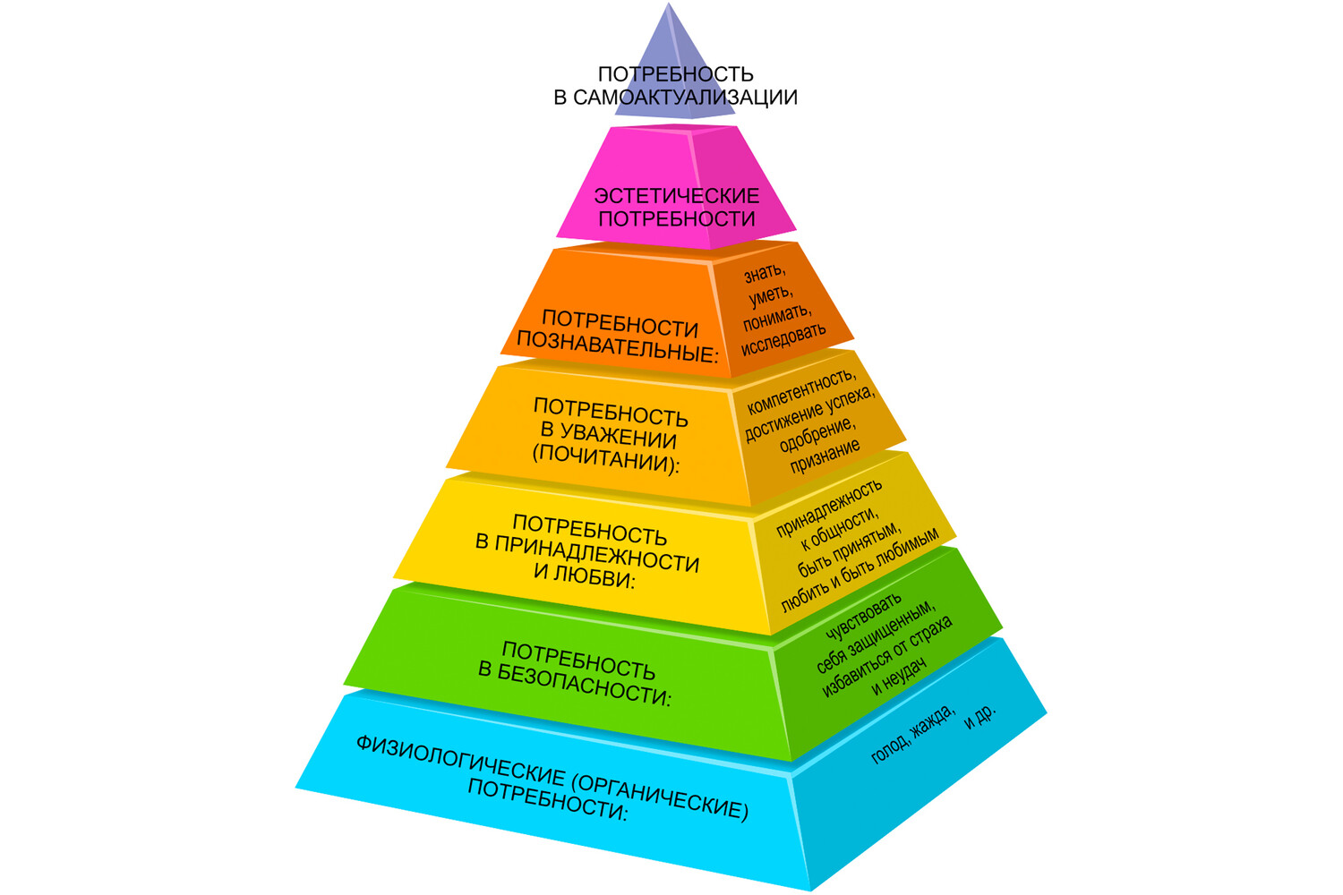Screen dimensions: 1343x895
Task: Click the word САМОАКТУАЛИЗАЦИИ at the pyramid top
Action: (x=685, y=98)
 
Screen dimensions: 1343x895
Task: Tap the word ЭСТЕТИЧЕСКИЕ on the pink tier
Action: (x=677, y=195)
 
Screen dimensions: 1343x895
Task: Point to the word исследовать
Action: (x=783, y=339)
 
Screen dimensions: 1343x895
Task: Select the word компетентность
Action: (x=801, y=390)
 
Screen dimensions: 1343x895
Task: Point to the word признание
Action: (x=825, y=456)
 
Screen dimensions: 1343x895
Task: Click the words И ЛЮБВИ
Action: (x=584, y=575)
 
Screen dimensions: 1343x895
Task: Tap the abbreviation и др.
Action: (x=979, y=715)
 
